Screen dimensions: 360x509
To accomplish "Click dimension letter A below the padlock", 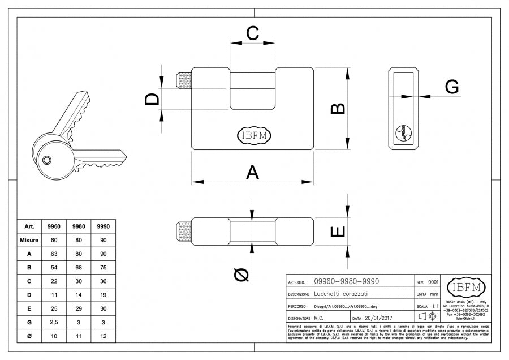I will click(252, 172).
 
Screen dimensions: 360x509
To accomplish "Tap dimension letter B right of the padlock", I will click(337, 109).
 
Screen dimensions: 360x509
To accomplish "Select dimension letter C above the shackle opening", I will click(252, 33).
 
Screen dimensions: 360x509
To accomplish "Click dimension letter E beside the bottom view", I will click(337, 232).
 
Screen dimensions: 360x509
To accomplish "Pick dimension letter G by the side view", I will click(451, 87).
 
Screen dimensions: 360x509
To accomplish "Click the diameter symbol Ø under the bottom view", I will click(241, 275).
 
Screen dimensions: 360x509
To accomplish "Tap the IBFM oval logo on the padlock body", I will click(254, 135).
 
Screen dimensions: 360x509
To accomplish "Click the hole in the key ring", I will click(48, 160).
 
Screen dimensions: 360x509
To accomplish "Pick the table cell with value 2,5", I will click(54, 322).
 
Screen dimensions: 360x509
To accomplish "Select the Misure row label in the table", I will click(29, 240).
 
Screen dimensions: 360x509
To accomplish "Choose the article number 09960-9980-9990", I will click(347, 281).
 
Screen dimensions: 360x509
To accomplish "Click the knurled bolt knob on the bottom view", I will click(184, 232).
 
